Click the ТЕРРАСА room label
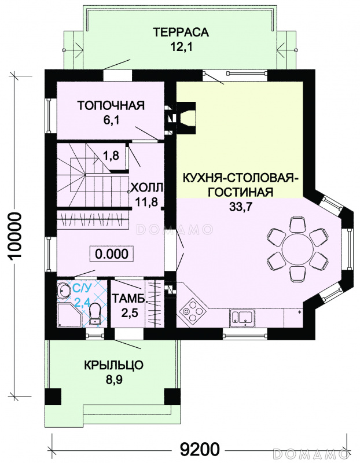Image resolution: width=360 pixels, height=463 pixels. pyautogui.click(x=181, y=32)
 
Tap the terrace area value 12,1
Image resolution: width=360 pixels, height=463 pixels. pyautogui.click(x=181, y=47)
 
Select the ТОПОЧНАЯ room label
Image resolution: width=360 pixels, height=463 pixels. pyautogui.click(x=111, y=105)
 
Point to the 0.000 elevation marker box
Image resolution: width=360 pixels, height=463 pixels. pyautogui.click(x=112, y=254)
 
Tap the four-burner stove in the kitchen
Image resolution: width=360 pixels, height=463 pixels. pyautogui.click(x=194, y=310)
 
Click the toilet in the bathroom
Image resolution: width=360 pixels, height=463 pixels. pyautogui.click(x=95, y=314)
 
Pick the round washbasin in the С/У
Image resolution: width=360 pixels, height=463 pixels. pyautogui.click(x=64, y=291)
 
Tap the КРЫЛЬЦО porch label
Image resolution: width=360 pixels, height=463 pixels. pyautogui.click(x=113, y=365)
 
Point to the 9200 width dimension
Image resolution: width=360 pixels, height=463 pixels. pyautogui.click(x=200, y=449)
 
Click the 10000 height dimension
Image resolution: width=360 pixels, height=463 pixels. pyautogui.click(x=16, y=236)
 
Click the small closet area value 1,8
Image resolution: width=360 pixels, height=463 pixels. pyautogui.click(x=111, y=155)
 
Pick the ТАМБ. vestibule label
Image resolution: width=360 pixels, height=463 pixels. pyautogui.click(x=129, y=299)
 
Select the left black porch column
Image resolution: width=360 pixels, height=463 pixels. pyautogui.click(x=53, y=396)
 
